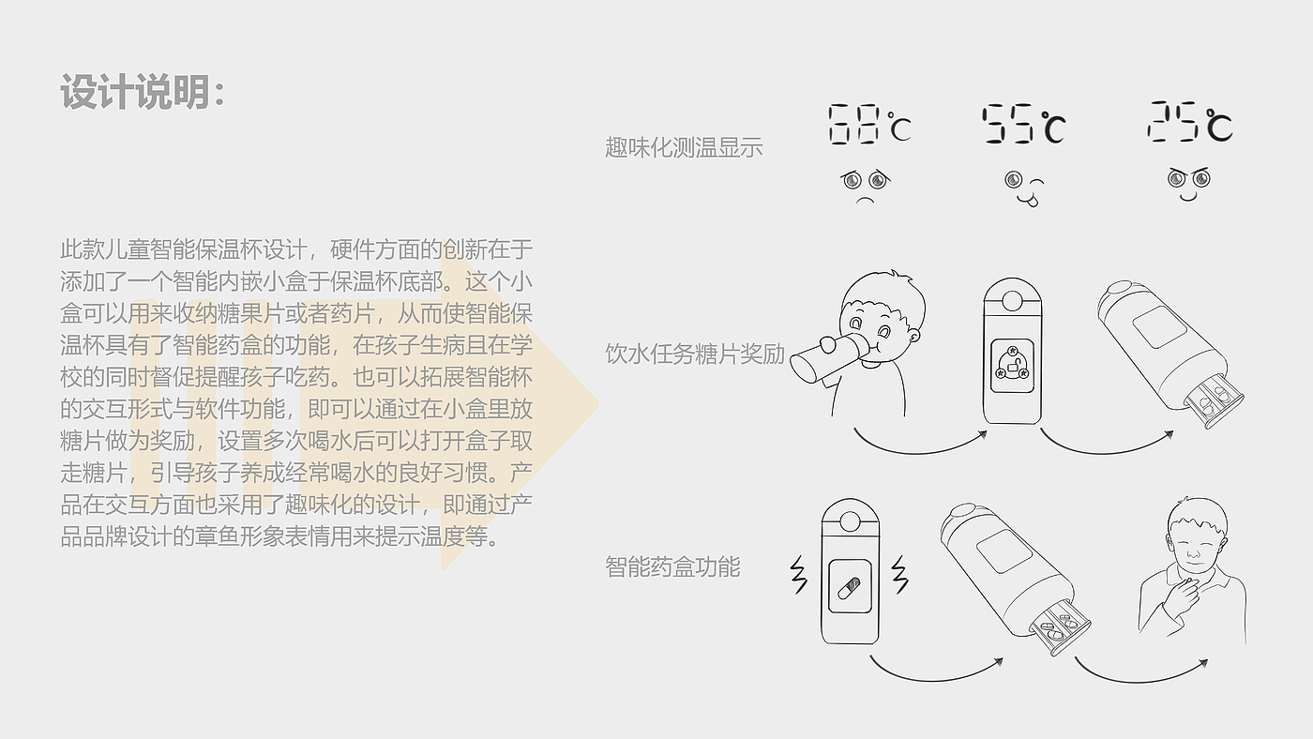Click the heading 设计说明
click(x=143, y=93)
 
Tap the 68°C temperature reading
click(x=868, y=125)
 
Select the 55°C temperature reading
click(x=1023, y=125)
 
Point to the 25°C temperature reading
click(x=1189, y=123)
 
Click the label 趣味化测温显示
click(x=684, y=147)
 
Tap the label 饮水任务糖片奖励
click(x=695, y=354)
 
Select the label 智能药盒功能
click(x=672, y=566)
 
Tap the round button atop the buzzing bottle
click(x=851, y=519)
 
